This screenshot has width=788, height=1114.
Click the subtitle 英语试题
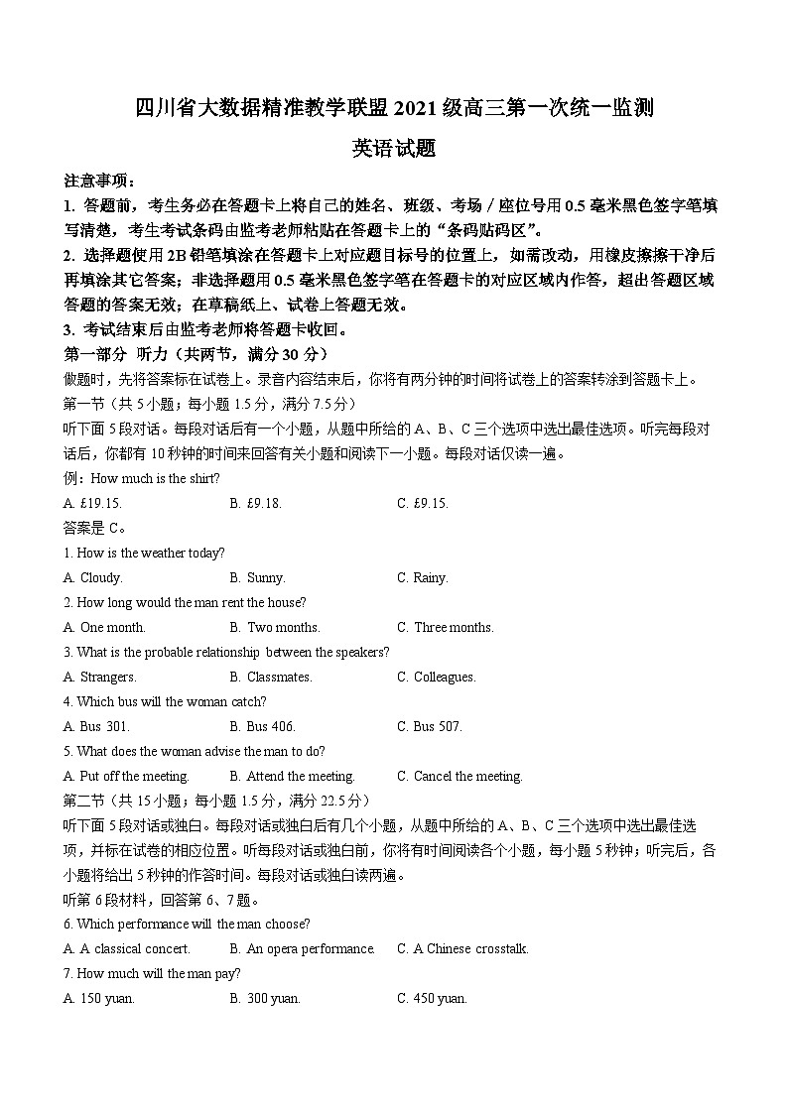point(394,149)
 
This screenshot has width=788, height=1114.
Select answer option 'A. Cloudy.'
point(93,577)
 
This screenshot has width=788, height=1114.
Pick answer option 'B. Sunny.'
point(257,577)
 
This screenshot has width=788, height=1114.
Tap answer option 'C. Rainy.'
point(423,577)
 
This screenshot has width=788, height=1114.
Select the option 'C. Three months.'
point(446,627)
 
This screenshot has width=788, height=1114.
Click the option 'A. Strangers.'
point(100,677)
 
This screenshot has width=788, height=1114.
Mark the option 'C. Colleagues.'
point(437,677)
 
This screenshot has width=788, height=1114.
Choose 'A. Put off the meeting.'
point(126,776)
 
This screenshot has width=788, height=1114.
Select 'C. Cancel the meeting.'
point(460,776)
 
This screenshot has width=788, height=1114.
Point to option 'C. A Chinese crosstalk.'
point(463,948)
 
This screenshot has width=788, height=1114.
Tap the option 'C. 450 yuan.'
point(432,998)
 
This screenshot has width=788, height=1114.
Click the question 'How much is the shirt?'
point(155,478)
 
